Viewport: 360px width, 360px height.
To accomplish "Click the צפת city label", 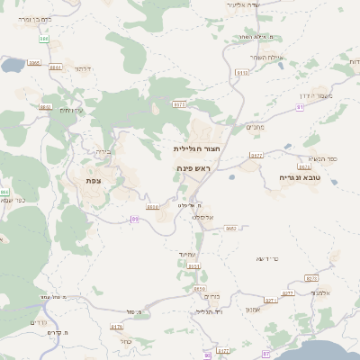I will pyautogui.click(x=93, y=181).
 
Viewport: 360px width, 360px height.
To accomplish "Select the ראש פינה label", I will pyautogui.click(x=193, y=168).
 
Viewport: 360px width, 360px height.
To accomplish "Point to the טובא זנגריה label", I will pyautogui.click(x=301, y=178).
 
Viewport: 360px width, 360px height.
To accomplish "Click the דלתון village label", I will pyautogui.click(x=84, y=68).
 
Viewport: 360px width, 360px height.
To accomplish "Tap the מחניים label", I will pyautogui.click(x=255, y=127).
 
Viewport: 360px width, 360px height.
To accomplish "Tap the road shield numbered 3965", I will pyautogui.click(x=34, y=63).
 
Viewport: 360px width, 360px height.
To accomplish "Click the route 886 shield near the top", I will pyautogui.click(x=44, y=39).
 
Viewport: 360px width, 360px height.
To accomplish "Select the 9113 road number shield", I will pyautogui.click(x=242, y=72).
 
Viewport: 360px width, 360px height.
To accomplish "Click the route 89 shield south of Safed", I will pyautogui.click(x=134, y=219).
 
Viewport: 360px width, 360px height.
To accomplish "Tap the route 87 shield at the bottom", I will pyautogui.click(x=265, y=355).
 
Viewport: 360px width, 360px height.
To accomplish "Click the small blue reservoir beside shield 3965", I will pyautogui.click(x=13, y=66).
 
